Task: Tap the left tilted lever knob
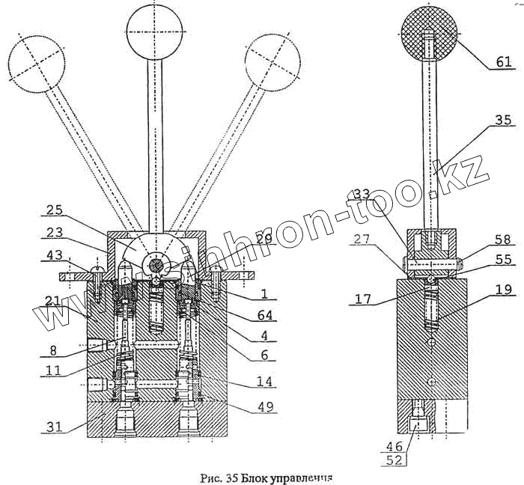click(36, 63)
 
